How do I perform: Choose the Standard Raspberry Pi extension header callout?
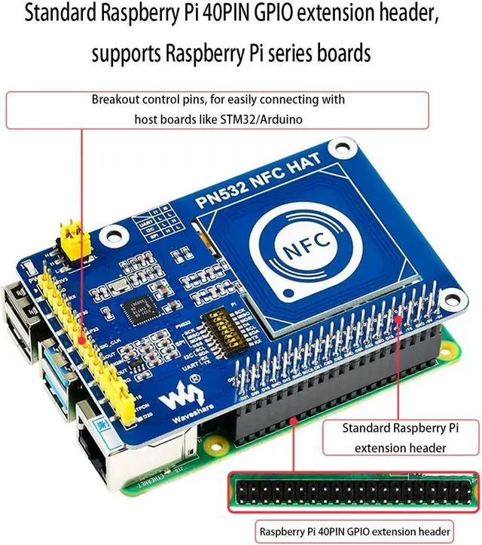point(401,437)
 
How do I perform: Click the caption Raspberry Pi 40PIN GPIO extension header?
point(355,531)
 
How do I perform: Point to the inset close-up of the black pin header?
point(353,494)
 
